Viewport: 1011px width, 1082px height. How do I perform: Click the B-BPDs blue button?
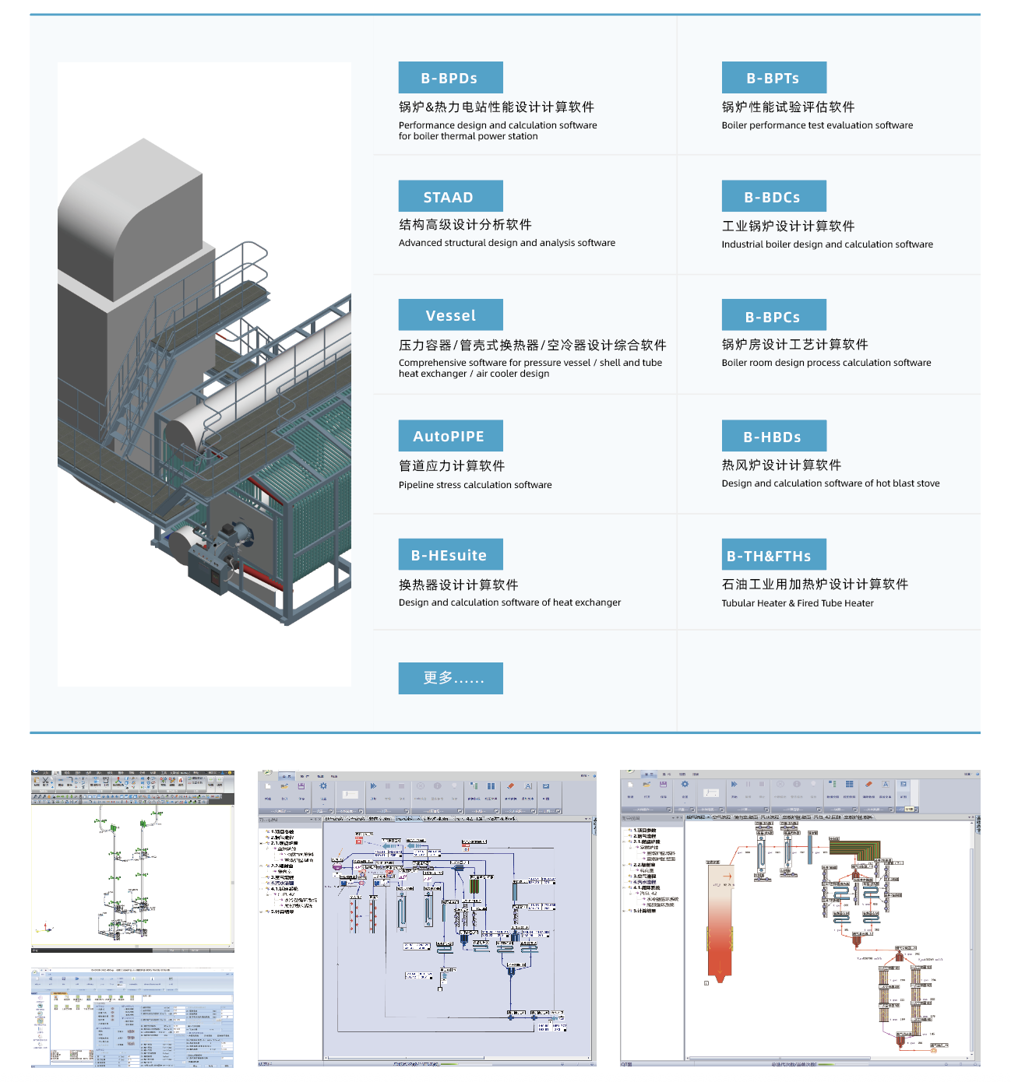coord(450,78)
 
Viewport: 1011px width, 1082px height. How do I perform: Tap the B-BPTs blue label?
coord(773,78)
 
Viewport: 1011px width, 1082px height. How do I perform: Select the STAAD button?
coord(450,197)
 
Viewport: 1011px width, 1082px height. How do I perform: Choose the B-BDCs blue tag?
coord(773,197)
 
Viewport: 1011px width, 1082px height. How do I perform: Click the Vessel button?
coord(450,315)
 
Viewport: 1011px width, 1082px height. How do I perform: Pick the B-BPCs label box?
coord(773,316)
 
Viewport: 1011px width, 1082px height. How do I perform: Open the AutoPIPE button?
coord(450,436)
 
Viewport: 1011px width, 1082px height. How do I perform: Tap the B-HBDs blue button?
coord(773,437)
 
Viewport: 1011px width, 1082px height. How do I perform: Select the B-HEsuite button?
coord(450,555)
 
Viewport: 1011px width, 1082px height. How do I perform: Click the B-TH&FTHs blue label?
coord(773,556)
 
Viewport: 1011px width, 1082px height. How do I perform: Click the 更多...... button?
coord(450,678)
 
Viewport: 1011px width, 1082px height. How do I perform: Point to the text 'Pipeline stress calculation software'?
coord(475,485)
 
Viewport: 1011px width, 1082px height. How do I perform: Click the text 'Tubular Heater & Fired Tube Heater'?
coord(798,603)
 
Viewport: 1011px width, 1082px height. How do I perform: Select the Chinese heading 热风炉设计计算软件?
coord(781,465)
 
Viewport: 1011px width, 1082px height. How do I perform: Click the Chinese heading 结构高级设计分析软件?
coord(465,224)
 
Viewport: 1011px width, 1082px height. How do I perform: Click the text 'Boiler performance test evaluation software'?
coord(817,125)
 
